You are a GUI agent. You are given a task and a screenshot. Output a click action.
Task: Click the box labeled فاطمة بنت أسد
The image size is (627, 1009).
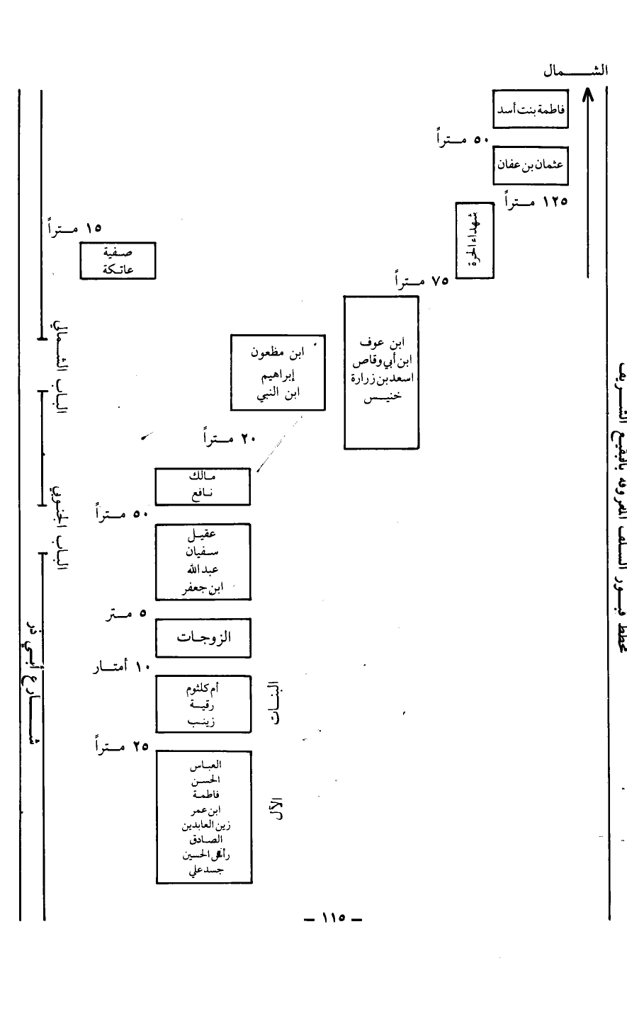tap(530, 108)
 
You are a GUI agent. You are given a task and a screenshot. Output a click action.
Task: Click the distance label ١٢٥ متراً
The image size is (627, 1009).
tap(536, 201)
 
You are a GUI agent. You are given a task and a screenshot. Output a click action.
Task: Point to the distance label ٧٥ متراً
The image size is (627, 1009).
tap(422, 281)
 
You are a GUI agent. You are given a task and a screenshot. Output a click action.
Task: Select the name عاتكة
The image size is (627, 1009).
tap(118, 269)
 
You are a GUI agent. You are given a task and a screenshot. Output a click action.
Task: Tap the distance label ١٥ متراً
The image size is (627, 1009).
tap(74, 228)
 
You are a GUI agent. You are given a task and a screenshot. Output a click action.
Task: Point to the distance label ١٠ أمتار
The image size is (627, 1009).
tap(118, 667)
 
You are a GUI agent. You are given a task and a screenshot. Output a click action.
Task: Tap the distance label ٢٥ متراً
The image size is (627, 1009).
tap(119, 746)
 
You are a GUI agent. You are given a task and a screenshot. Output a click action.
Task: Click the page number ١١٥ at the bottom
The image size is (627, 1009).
tap(331, 920)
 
